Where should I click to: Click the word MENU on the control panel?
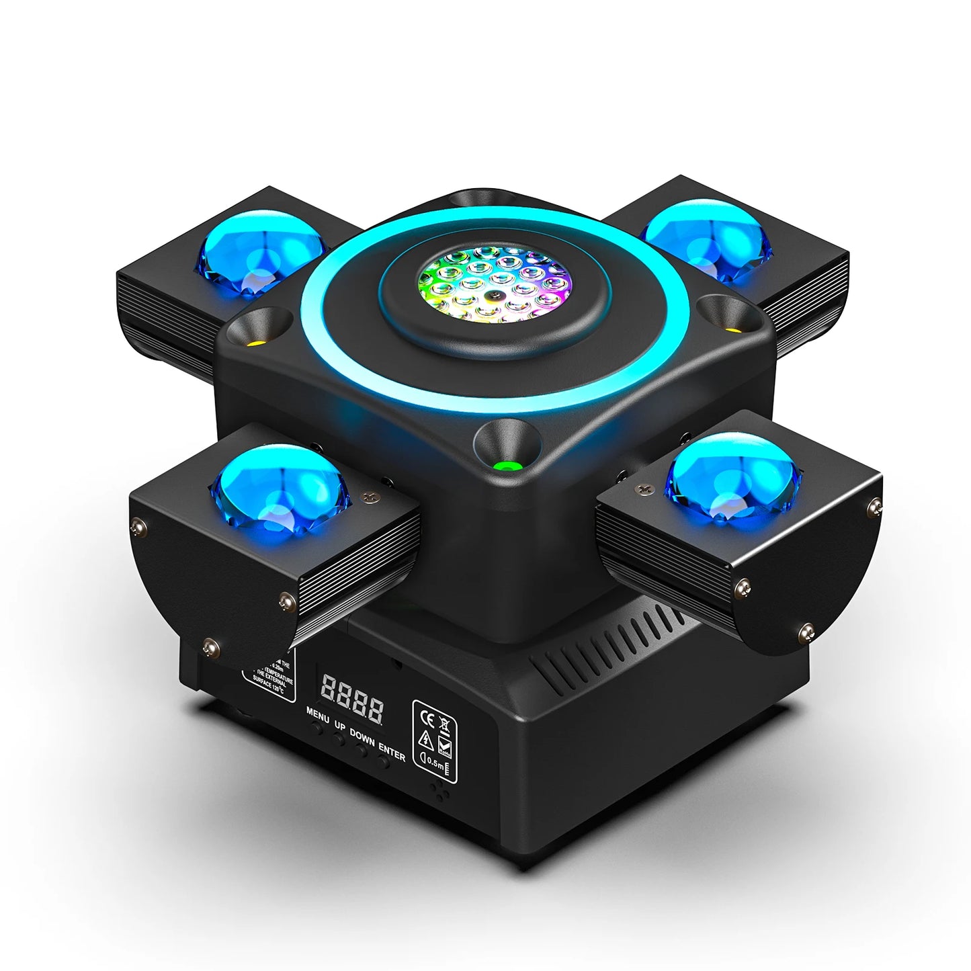318,714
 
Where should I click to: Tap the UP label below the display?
340,726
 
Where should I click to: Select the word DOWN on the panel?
362,737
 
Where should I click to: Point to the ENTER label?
392,751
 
